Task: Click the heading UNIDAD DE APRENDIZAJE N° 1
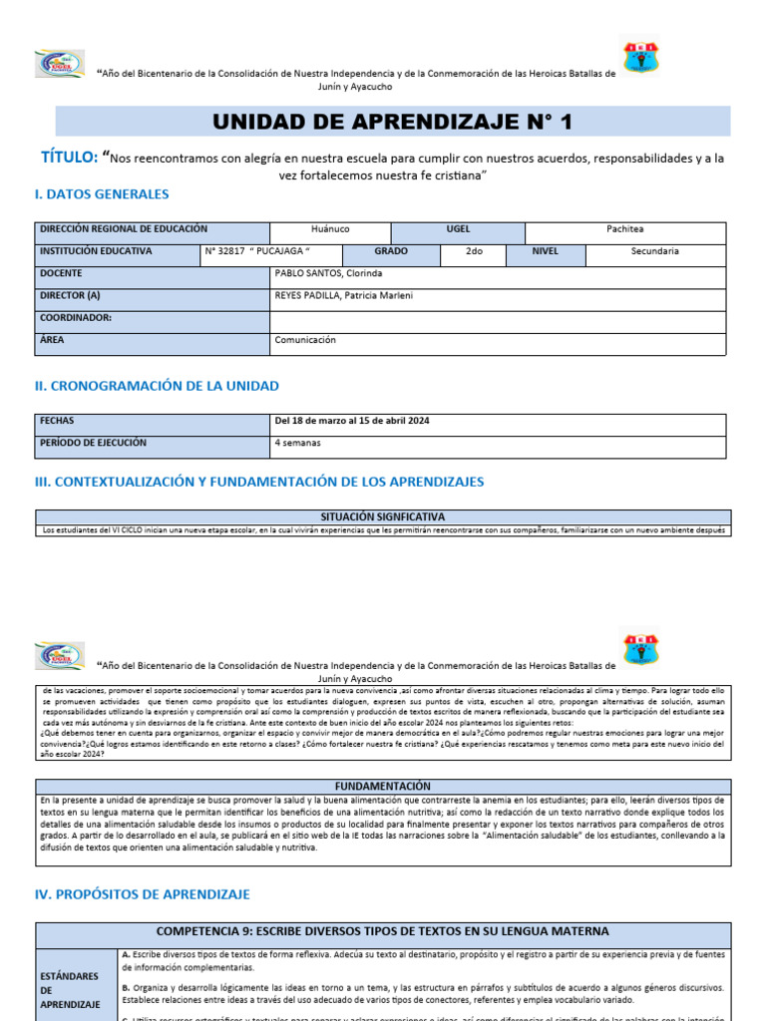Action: click(393, 122)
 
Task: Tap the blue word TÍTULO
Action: click(69, 158)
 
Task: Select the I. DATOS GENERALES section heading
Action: click(102, 194)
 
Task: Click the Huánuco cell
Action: click(330, 229)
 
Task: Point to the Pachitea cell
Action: click(625, 229)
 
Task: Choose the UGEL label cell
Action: click(458, 229)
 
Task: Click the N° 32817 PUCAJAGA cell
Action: click(257, 251)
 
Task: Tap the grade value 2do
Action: click(474, 251)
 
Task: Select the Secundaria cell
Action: click(654, 251)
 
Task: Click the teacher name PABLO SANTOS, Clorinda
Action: click(328, 273)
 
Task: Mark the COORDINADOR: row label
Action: click(76, 318)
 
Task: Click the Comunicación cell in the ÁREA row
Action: click(305, 340)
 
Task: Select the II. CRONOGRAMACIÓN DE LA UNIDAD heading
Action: click(157, 386)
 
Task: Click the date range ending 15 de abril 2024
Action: click(352, 421)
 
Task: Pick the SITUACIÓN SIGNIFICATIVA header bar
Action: click(383, 516)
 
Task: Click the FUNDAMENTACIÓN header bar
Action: click(383, 786)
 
